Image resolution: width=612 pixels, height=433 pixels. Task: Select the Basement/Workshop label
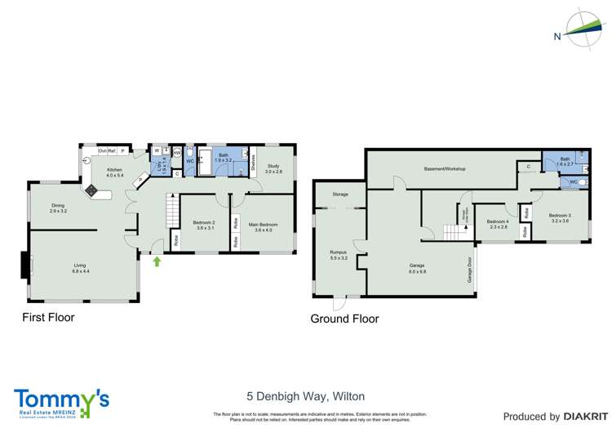[x=444, y=168]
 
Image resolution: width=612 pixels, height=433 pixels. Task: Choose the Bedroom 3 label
[x=560, y=218]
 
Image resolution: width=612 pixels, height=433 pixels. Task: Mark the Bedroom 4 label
[x=497, y=224]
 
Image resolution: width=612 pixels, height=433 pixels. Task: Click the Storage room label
[x=340, y=194]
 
